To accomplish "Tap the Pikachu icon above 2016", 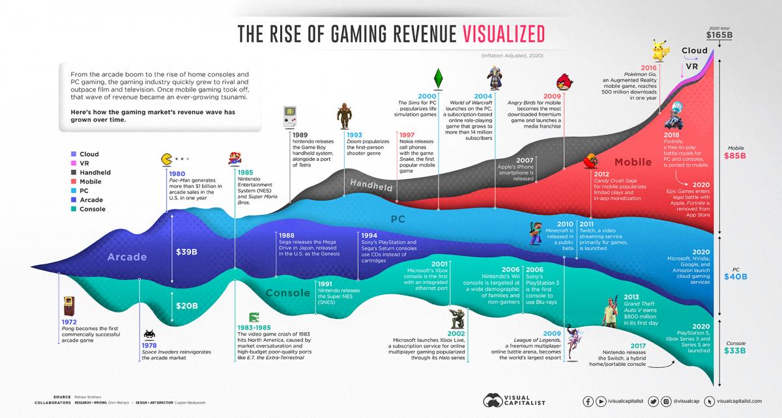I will point(662,51).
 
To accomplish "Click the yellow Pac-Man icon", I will point(167,159).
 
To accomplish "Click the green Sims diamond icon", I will point(438,76).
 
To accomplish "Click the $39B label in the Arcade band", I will point(188,251).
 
